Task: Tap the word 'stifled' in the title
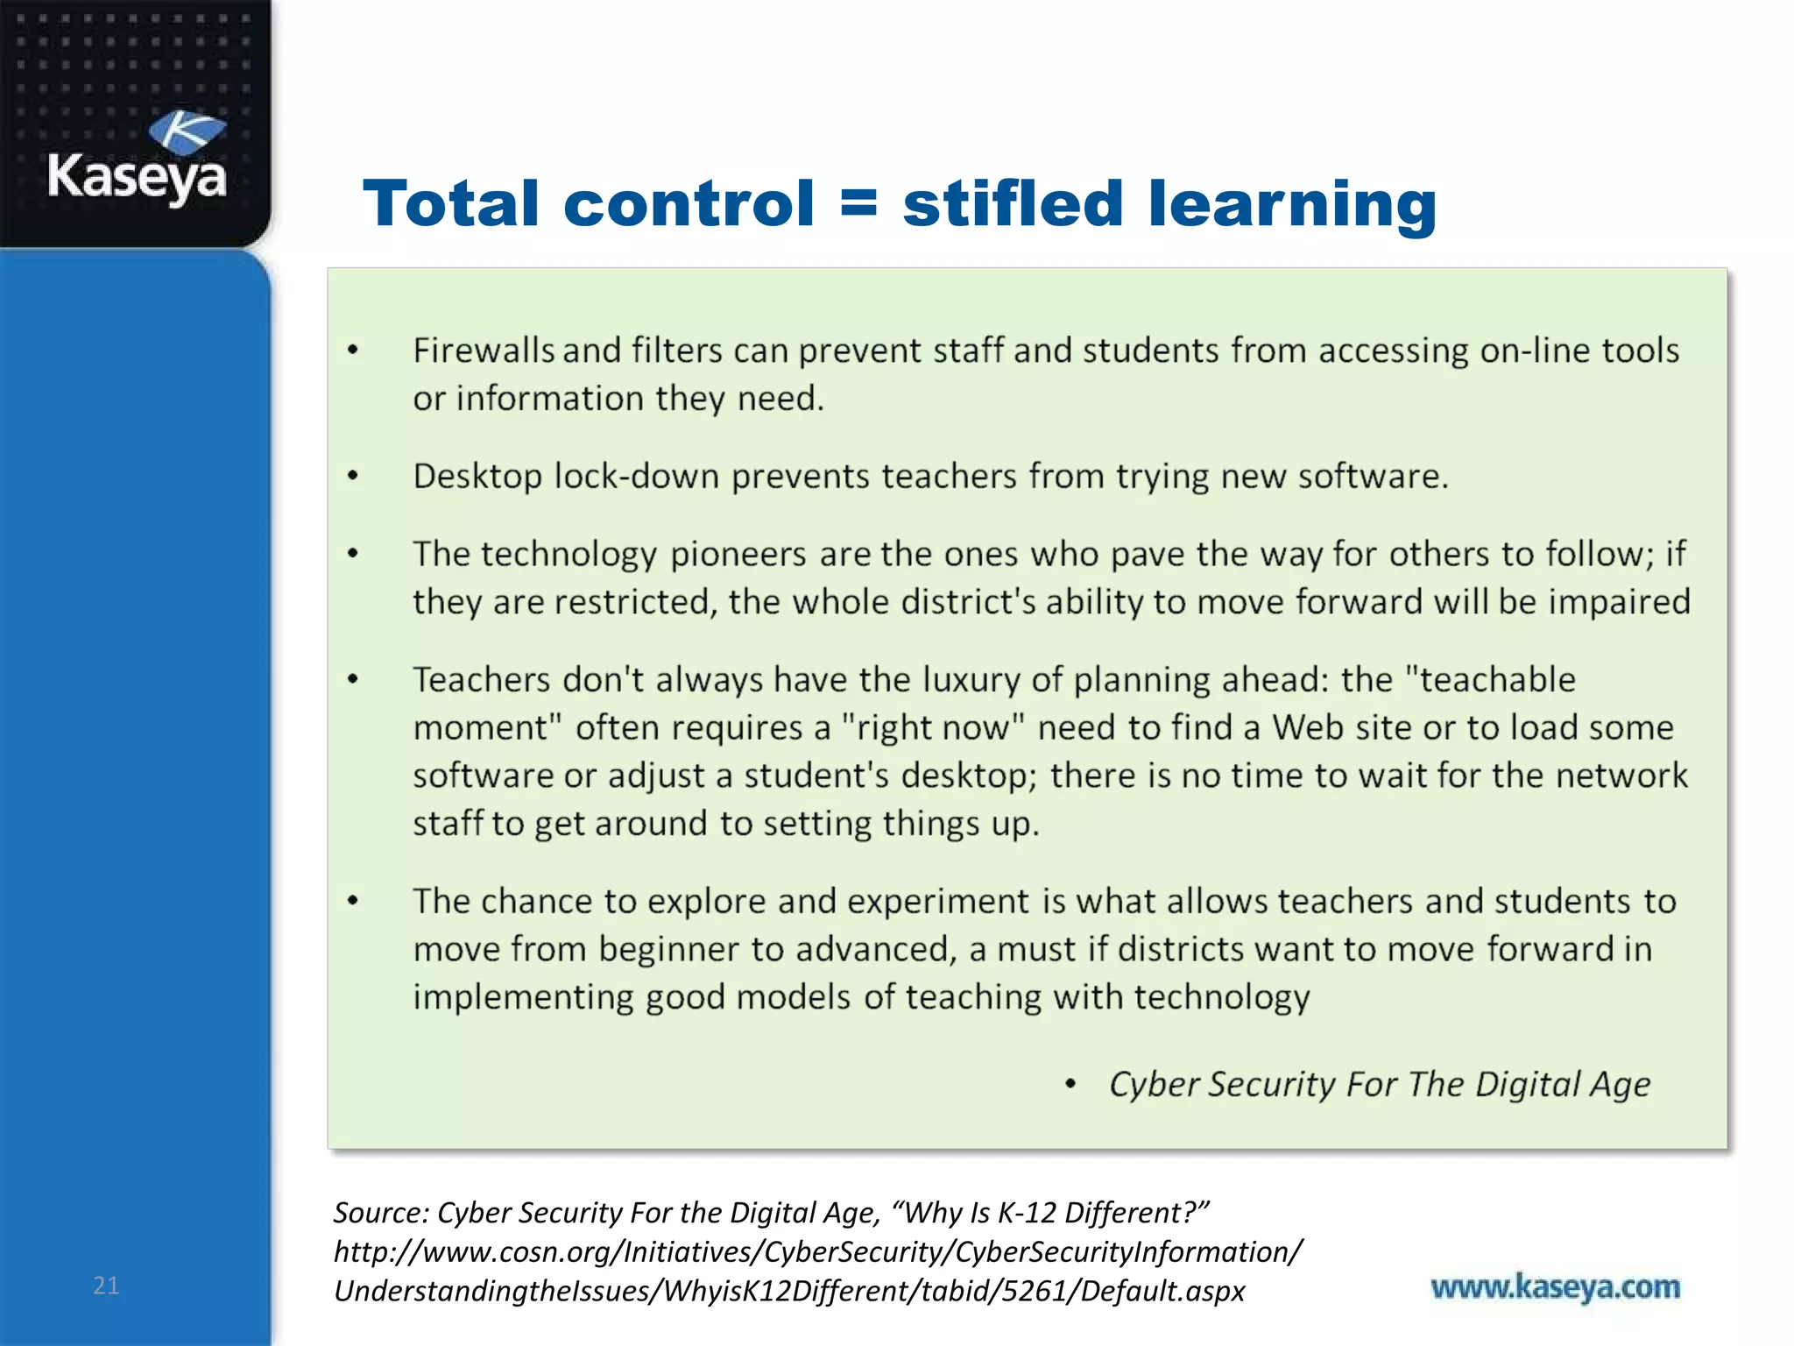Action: (x=1013, y=203)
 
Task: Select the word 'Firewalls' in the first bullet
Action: (x=484, y=351)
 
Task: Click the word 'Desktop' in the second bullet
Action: (x=477, y=478)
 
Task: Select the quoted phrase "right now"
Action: (x=932, y=728)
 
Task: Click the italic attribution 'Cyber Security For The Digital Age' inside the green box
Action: (x=1379, y=1085)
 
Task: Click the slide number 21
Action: (x=106, y=1286)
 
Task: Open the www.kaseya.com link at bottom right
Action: (x=1555, y=1287)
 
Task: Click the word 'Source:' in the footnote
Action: (x=381, y=1213)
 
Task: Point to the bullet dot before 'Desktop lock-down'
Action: (x=353, y=477)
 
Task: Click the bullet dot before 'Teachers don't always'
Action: (x=353, y=680)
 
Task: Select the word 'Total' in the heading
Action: (x=450, y=203)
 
